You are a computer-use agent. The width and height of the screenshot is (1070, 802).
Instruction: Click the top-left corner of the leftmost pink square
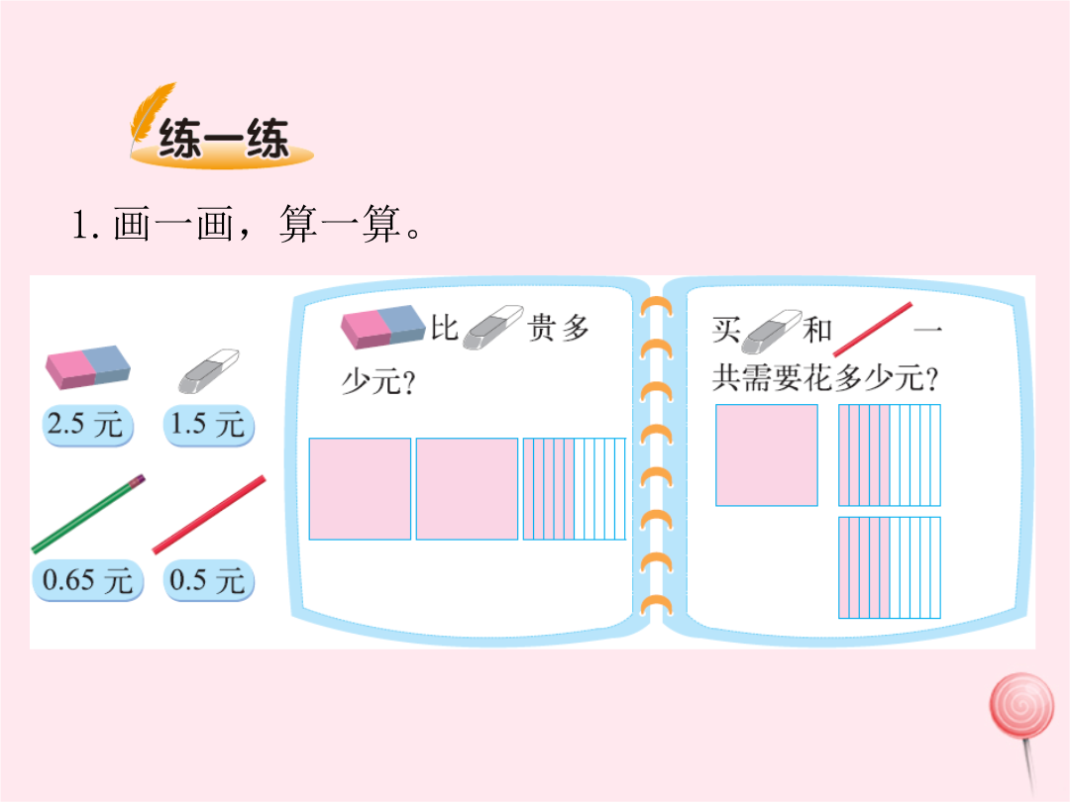click(310, 439)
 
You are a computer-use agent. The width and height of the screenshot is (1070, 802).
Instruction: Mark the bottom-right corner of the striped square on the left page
click(625, 540)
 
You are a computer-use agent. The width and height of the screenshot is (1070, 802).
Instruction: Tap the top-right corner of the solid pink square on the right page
click(816, 405)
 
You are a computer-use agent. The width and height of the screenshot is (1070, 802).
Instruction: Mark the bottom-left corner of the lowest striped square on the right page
click(839, 618)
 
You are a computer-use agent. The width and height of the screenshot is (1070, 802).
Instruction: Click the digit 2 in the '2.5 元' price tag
click(54, 423)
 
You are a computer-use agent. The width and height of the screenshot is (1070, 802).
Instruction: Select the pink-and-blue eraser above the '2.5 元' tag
click(87, 367)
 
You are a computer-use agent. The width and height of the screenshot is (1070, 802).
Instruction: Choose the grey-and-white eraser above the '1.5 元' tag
click(209, 371)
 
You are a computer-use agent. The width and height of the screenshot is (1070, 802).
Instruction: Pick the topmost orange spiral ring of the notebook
click(656, 308)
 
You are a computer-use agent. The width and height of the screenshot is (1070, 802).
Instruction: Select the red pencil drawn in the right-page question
click(872, 330)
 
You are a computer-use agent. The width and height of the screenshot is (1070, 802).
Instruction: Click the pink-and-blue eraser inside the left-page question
click(382, 327)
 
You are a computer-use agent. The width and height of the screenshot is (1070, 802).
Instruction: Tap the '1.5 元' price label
click(209, 425)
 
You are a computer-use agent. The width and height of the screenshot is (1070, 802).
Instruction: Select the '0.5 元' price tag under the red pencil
click(208, 581)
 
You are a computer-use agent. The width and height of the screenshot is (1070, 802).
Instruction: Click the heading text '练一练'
click(224, 139)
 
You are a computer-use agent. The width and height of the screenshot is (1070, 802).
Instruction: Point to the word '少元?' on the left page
click(378, 382)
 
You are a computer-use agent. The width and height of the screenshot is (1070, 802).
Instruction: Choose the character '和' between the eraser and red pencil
click(816, 330)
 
